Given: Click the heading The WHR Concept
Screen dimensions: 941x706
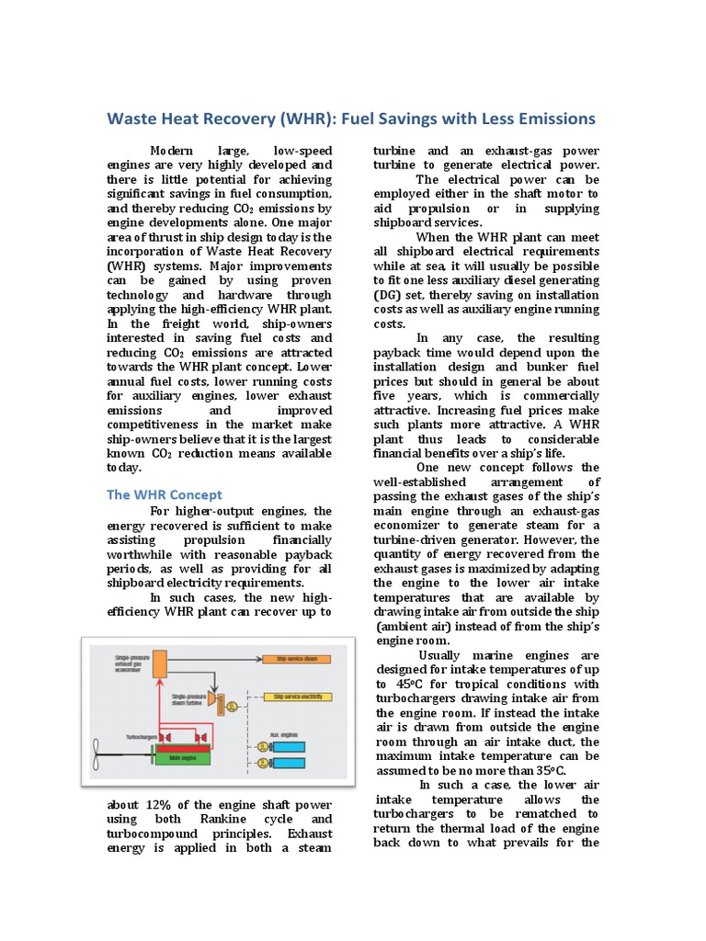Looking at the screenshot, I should pos(165,494).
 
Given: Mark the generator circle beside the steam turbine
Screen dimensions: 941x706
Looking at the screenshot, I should pos(231,707).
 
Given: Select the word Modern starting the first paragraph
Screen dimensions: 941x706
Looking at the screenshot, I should pos(174,151).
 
